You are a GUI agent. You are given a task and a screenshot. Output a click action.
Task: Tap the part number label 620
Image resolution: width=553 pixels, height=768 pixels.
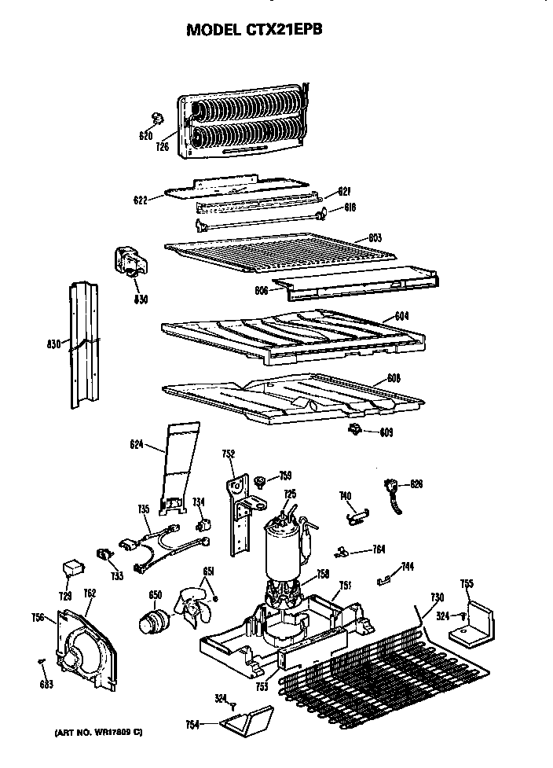145,136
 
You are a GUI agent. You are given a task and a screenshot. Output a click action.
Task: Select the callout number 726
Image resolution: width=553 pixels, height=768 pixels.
163,145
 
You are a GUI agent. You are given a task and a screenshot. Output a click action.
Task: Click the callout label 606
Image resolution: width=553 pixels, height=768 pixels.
262,289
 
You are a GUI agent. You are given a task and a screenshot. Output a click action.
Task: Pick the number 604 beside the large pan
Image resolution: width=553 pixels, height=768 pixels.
401,316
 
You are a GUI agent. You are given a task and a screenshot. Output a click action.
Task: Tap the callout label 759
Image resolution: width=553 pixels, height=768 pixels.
285,475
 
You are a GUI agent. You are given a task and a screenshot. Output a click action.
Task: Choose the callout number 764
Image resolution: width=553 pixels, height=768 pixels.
379,549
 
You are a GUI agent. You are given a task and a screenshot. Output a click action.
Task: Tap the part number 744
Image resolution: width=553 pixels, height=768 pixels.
407,567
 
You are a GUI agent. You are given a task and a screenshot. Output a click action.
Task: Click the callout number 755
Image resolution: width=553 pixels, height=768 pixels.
467,582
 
